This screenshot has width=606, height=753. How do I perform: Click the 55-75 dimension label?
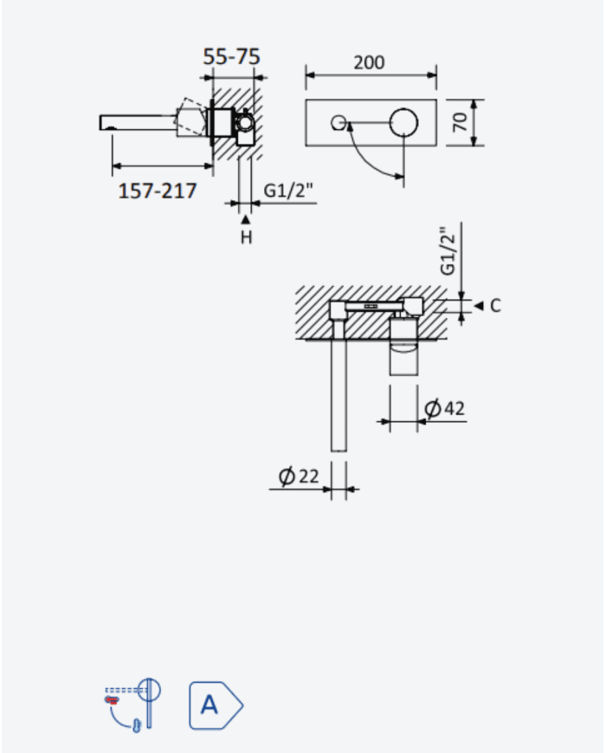[231, 56]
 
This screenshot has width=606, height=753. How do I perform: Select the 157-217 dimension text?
[158, 191]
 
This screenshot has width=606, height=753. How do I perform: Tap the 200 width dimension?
[369, 62]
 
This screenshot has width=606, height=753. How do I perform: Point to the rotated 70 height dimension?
[460, 121]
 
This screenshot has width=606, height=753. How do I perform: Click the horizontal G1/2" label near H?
[288, 191]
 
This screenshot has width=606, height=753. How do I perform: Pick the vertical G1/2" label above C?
[448, 251]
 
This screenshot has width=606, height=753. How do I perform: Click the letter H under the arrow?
[246, 237]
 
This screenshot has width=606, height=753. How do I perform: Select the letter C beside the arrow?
[496, 305]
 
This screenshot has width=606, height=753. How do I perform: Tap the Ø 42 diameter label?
[445, 408]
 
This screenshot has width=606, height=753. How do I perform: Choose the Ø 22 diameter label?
[299, 476]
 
